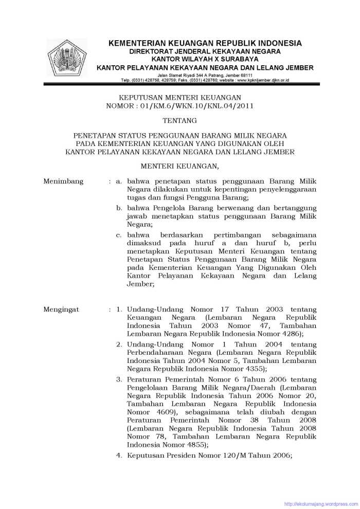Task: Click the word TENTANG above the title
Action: [x=179, y=121]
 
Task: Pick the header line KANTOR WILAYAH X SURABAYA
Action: [x=205, y=60]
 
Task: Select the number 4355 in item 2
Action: [x=254, y=369]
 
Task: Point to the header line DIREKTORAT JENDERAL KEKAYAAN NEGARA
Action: [x=205, y=52]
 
